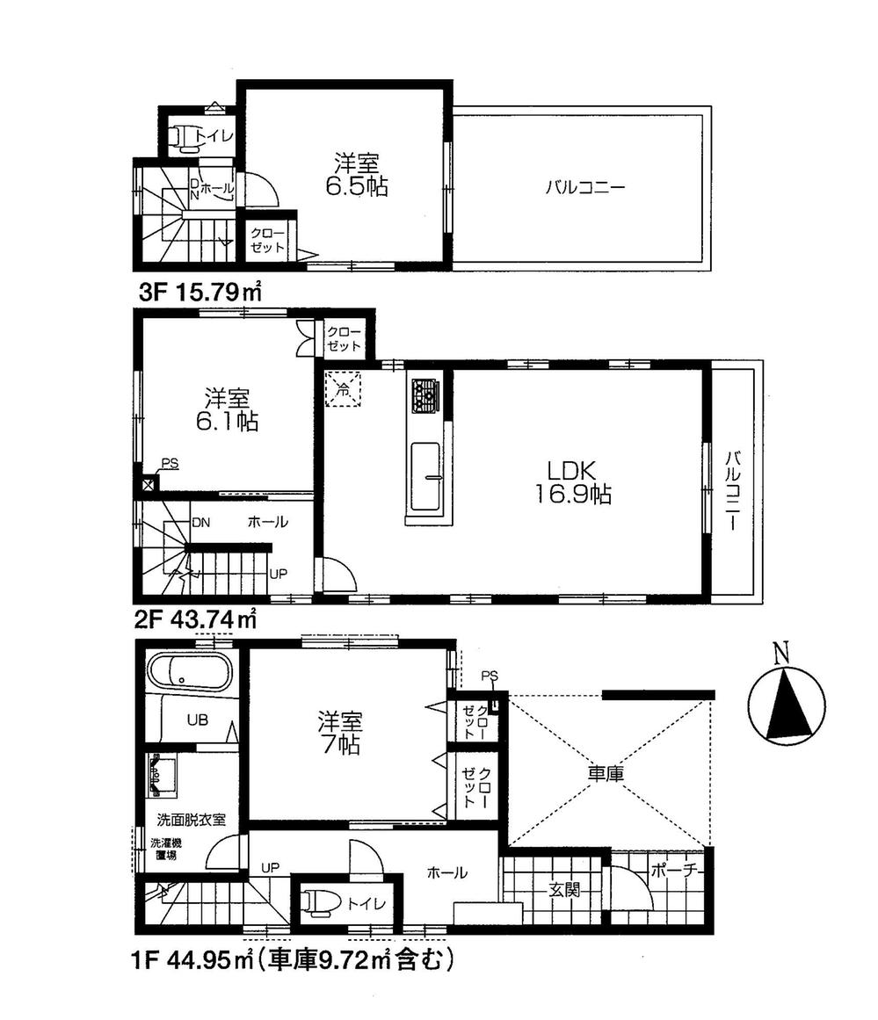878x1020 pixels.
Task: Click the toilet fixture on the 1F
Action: [x=316, y=902]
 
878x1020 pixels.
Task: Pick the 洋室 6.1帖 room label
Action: [x=226, y=409]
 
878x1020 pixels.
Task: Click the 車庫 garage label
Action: [x=606, y=774]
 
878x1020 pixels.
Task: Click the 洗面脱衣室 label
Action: [x=192, y=821]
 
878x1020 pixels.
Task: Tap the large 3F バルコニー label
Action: [x=585, y=186]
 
